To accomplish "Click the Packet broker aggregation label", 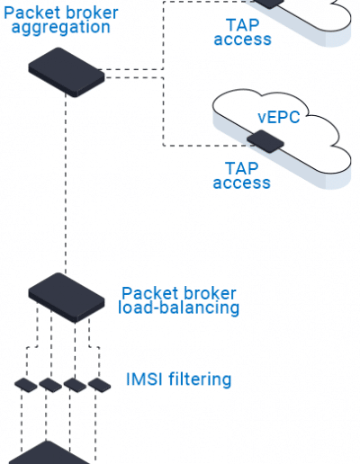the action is [x=61, y=21].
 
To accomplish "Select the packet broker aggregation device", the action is [x=67, y=72].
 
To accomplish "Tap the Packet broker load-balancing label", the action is [x=179, y=300].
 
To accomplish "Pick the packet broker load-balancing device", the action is [x=67, y=298].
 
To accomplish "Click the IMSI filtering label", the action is [x=179, y=379].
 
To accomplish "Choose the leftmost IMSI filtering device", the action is [x=26, y=385].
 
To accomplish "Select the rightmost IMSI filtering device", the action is [x=99, y=385].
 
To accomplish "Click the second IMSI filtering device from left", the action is [x=50, y=385].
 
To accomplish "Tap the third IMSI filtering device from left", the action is [x=75, y=385].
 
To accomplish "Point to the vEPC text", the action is [x=279, y=117].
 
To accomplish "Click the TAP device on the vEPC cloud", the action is [x=265, y=141].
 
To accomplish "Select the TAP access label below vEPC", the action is [x=242, y=175].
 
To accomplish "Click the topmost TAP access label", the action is [x=242, y=32].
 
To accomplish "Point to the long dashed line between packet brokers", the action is [x=66, y=183].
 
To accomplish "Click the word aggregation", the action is [x=61, y=28].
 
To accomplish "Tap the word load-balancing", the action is [x=179, y=308].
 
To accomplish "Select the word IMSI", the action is [x=144, y=379].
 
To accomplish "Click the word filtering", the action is [x=200, y=379].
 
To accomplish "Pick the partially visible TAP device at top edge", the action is [x=269, y=4].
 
